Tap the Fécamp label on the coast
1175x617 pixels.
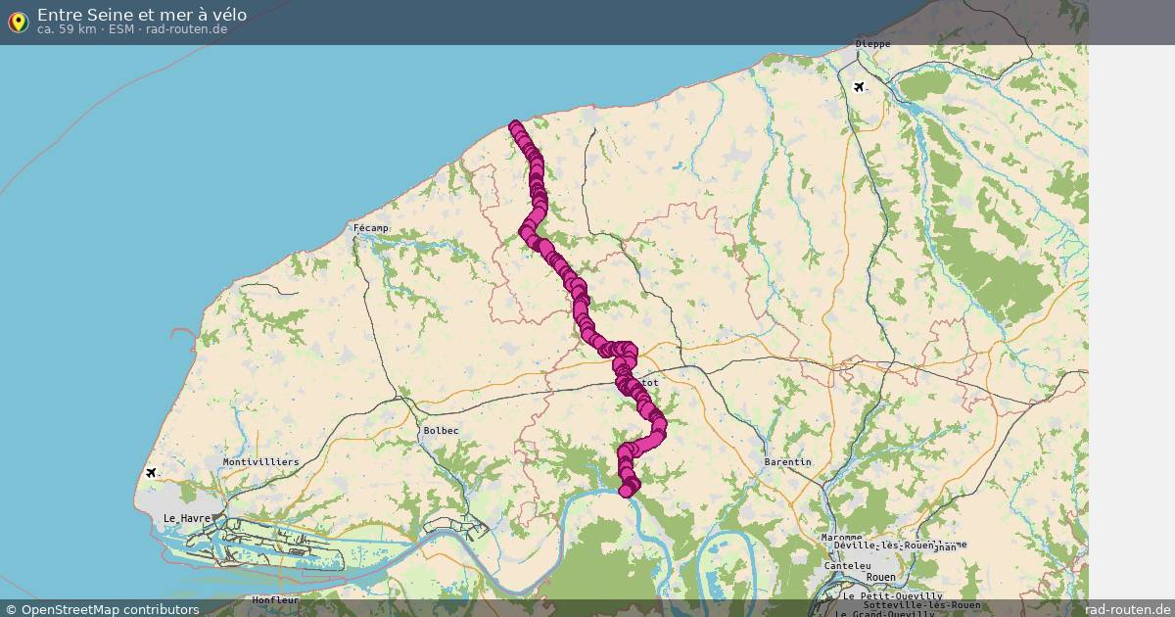[x=371, y=228]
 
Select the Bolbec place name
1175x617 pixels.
[x=441, y=431]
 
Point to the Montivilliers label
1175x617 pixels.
[x=260, y=461]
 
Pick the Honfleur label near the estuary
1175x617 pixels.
[x=275, y=599]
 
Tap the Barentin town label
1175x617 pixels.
[x=788, y=461]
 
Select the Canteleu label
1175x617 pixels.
[x=848, y=565]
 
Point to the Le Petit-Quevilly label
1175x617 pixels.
[x=892, y=595]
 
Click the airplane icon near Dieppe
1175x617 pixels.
[x=860, y=87]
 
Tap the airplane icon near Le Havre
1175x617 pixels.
[x=151, y=473]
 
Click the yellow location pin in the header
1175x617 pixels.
[x=18, y=22]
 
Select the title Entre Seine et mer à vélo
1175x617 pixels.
[x=142, y=15]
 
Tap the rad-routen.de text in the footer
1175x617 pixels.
[x=1128, y=609]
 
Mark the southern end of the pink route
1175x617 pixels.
[x=626, y=491]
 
